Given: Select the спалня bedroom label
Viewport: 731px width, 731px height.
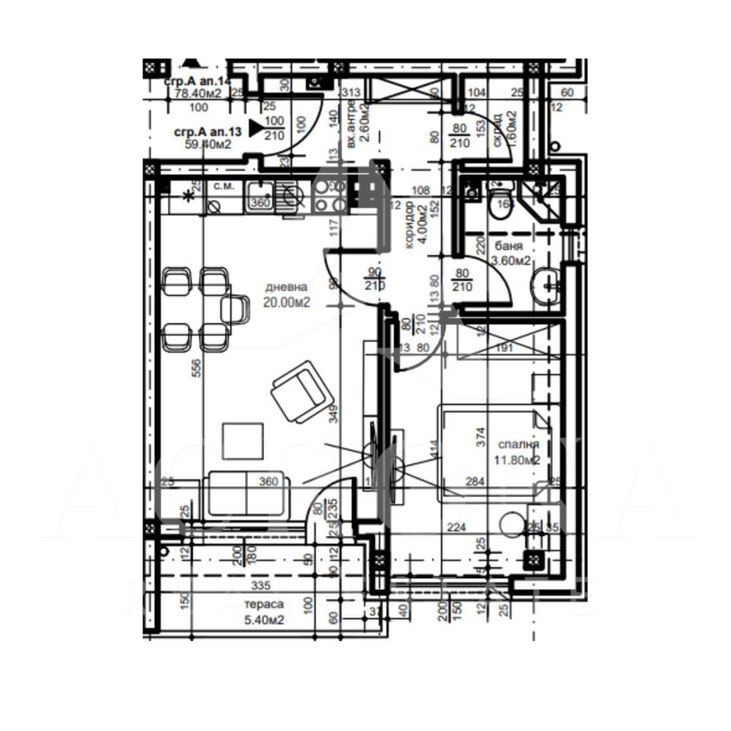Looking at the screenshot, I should pyautogui.click(x=518, y=444).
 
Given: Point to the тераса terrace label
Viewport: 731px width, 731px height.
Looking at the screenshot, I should pyautogui.click(x=263, y=605).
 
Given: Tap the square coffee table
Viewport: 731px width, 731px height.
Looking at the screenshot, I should pyautogui.click(x=243, y=442).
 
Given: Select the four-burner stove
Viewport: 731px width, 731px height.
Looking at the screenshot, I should pyautogui.click(x=330, y=194).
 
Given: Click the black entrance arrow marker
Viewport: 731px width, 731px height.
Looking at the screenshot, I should pyautogui.click(x=256, y=128).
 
